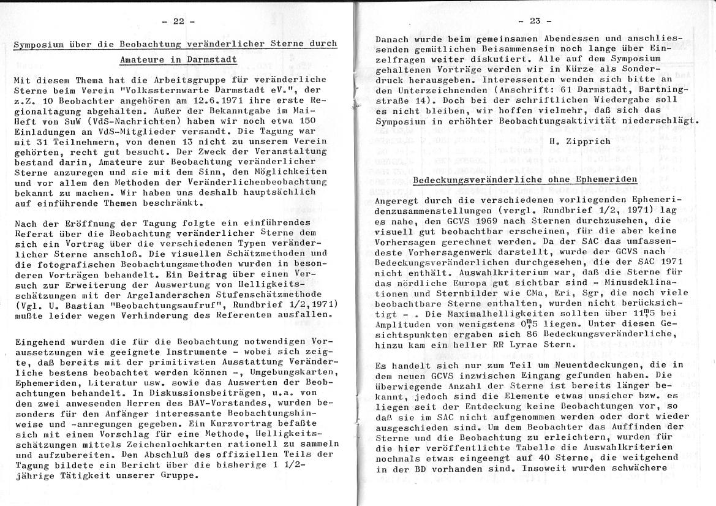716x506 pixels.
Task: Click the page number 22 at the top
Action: tap(178, 21)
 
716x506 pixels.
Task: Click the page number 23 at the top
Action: tap(535, 21)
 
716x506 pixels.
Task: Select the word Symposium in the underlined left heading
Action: tap(38, 43)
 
